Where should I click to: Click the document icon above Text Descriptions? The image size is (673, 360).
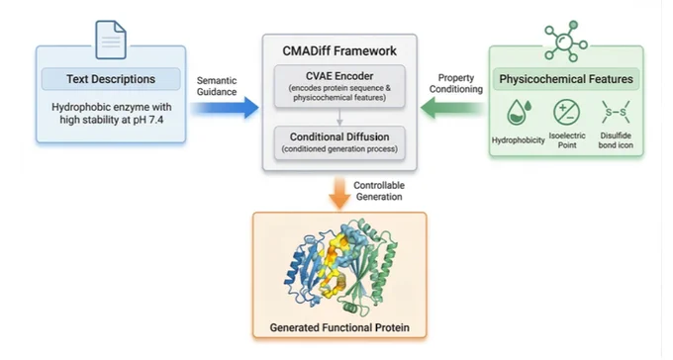pos(111,40)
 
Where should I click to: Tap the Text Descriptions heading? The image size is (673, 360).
pos(111,79)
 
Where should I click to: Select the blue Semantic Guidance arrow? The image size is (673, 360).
pos(225,107)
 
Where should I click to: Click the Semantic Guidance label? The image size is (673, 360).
pos(217,86)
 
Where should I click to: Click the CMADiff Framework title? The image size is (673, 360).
pos(339,50)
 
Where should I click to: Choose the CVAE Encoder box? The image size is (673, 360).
pos(339,86)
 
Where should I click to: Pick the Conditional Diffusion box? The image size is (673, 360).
pos(339,142)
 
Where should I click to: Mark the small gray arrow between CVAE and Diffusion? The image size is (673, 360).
pos(339,117)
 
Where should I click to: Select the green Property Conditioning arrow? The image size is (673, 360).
pos(452,107)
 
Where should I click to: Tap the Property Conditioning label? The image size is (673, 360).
pos(456,83)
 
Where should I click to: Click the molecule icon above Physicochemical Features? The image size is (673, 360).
pos(565,42)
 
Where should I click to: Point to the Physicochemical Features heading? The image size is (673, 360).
pos(566,79)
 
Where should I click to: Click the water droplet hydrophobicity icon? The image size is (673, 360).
pos(519,113)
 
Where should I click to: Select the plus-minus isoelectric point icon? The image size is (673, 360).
pos(566,113)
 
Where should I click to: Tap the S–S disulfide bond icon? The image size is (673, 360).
pos(616,113)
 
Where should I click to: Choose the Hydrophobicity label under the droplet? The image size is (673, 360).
pos(518,140)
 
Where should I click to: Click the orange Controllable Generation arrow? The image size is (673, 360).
pos(339,193)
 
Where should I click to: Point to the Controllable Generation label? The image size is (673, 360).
pos(379,191)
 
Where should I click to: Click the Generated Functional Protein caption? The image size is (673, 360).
pos(339,327)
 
